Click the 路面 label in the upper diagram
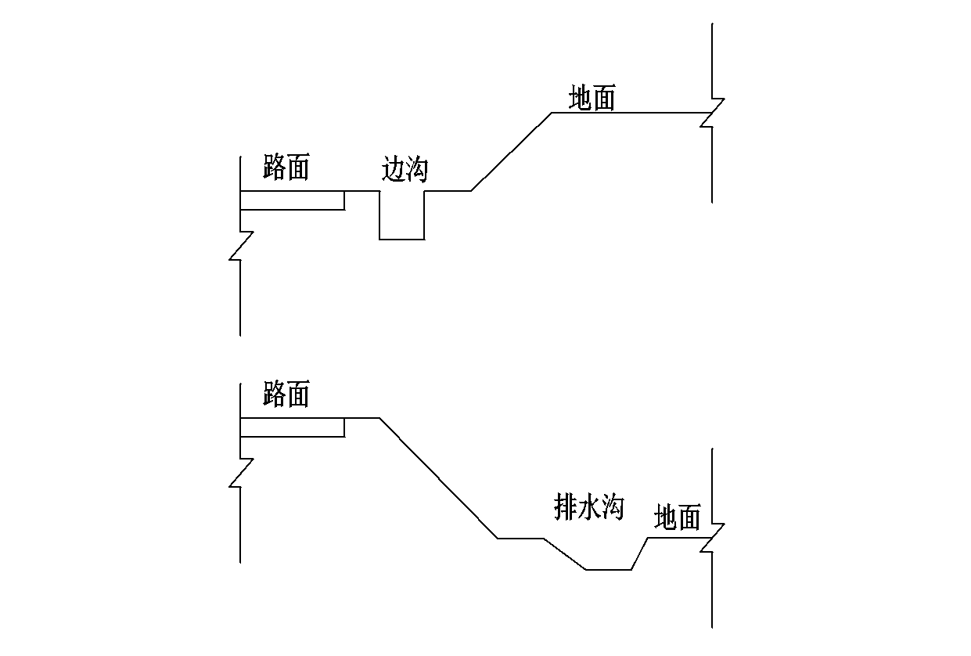[286, 168]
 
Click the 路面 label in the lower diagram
[286, 395]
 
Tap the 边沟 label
[405, 169]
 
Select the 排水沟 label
[588, 508]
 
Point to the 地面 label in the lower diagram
[677, 517]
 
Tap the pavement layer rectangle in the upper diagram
[292, 200]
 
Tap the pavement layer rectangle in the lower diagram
[292, 427]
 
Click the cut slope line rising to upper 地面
[512, 151]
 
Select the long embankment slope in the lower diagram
[438, 478]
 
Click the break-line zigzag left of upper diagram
[241, 246]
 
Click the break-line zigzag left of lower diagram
[241, 473]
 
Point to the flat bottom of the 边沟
[402, 239]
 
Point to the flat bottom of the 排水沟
[609, 570]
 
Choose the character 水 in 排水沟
[588, 508]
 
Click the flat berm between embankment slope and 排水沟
[520, 539]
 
